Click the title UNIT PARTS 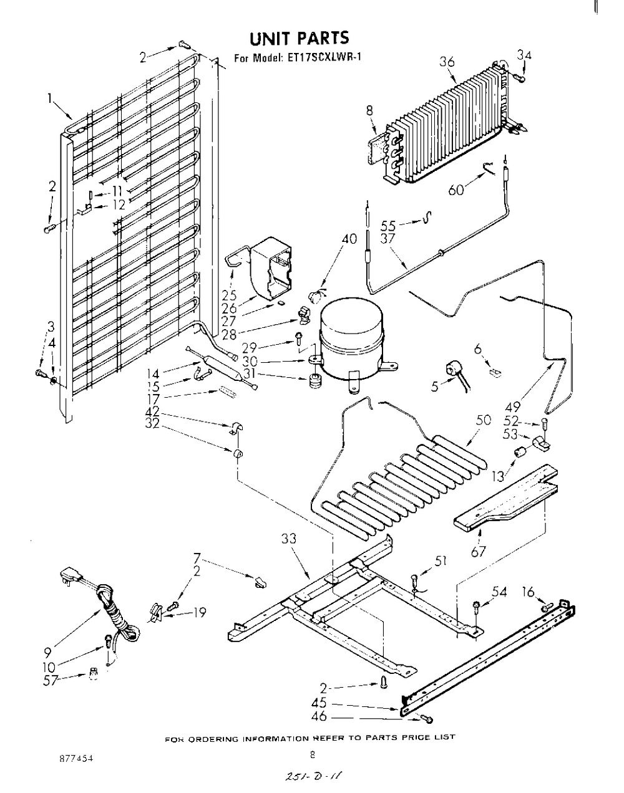pyautogui.click(x=299, y=38)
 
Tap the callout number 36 pyautogui.click(x=447, y=62)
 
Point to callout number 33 pyautogui.click(x=289, y=539)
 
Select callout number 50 pyautogui.click(x=483, y=420)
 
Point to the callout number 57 pyautogui.click(x=51, y=680)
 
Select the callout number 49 pyautogui.click(x=513, y=406)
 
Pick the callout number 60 pyautogui.click(x=456, y=190)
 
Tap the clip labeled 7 pyautogui.click(x=260, y=582)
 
